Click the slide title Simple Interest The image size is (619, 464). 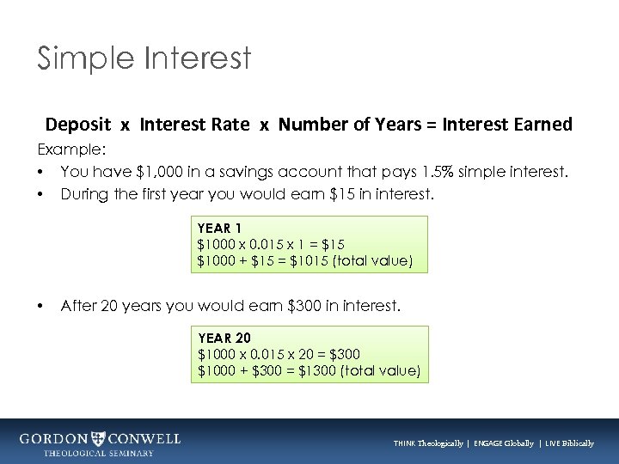(x=144, y=58)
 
